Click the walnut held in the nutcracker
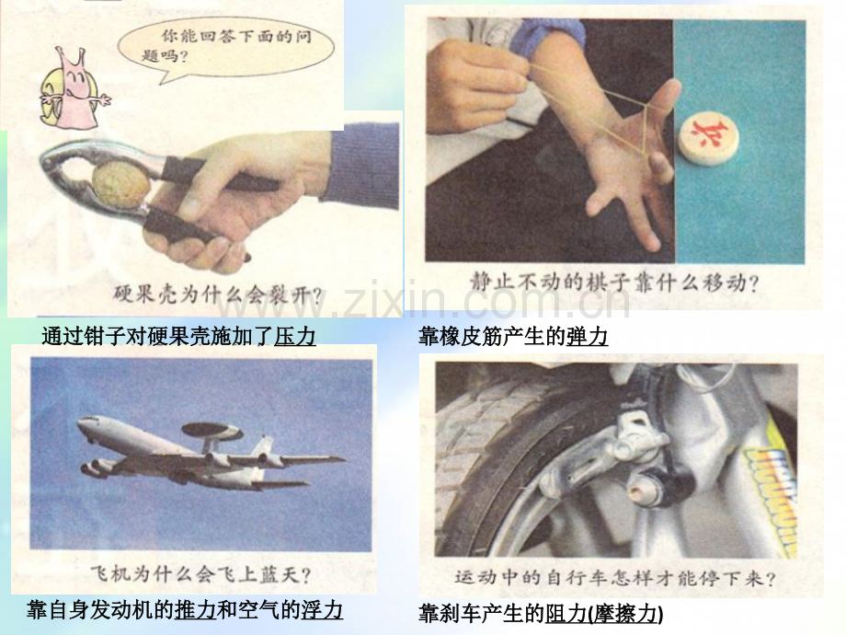120,186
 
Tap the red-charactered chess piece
708,138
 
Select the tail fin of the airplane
263,447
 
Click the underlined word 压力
294,336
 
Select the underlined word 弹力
587,337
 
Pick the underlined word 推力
195,609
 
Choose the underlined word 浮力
322,609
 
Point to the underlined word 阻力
566,614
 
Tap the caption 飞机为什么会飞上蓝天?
200,573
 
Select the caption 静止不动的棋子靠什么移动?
613,282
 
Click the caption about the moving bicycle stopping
615,578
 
